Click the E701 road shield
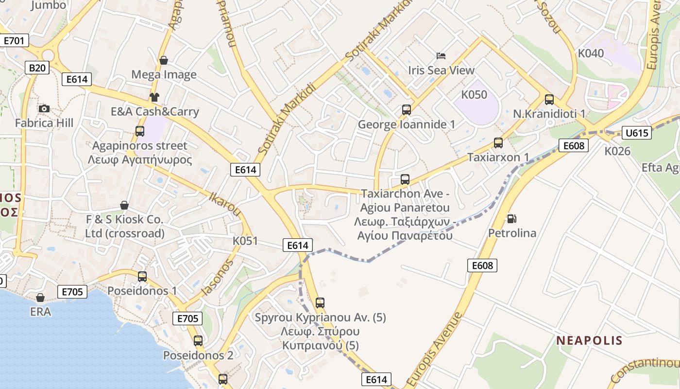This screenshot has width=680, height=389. click(x=14, y=40)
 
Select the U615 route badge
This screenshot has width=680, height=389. click(x=636, y=133)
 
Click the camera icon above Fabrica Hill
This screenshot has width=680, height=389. click(x=44, y=108)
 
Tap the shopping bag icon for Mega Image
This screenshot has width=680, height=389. click(x=164, y=60)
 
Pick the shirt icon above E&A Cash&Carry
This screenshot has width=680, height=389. click(x=154, y=97)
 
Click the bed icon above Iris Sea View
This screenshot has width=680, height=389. click(x=441, y=56)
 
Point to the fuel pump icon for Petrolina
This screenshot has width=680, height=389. click(x=511, y=219)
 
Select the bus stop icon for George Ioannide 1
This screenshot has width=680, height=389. click(x=407, y=110)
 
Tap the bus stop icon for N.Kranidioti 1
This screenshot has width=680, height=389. click(x=549, y=100)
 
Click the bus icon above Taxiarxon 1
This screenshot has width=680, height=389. click(x=498, y=143)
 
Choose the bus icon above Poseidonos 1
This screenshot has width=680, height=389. click(x=142, y=277)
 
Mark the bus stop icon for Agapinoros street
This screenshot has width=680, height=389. click(x=140, y=131)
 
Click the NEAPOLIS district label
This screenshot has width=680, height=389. click(x=589, y=340)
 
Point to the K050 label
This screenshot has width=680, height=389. click(x=474, y=94)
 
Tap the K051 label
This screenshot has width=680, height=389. click(x=245, y=241)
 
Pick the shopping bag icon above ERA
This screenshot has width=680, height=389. click(x=40, y=297)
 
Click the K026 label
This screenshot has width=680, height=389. click(x=617, y=151)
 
